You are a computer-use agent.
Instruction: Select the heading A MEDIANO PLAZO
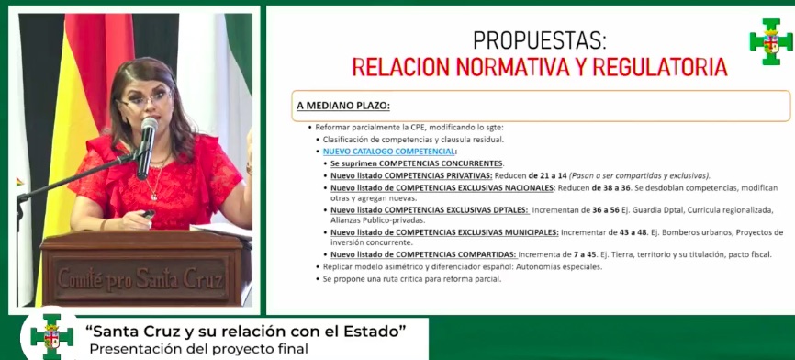coord(343,106)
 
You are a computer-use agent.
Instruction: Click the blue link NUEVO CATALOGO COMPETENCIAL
coord(384,151)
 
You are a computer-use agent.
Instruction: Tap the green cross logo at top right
coord(770,40)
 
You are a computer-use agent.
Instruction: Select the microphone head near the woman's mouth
coord(148,129)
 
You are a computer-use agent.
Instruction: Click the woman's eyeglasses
coord(145,95)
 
